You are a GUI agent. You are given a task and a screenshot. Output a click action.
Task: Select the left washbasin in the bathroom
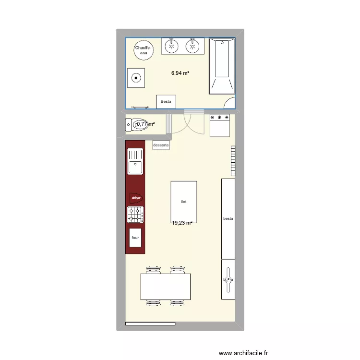click(171, 46)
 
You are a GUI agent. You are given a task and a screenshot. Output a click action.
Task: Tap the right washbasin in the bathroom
click(193, 46)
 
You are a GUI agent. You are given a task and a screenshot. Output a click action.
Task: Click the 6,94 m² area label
click(180, 73)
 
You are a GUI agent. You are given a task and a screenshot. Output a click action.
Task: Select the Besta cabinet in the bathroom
click(166, 101)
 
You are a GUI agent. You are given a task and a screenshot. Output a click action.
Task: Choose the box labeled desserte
click(161, 144)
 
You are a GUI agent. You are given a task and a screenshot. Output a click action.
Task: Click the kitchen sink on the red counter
click(135, 161)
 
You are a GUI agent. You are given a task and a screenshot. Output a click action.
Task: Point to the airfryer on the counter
click(135, 197)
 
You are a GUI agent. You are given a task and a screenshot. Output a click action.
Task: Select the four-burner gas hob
click(135, 215)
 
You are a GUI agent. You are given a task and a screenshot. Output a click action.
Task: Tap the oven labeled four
click(135, 238)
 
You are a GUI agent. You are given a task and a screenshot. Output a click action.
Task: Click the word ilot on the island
click(183, 202)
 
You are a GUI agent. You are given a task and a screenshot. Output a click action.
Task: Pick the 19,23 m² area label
click(182, 223)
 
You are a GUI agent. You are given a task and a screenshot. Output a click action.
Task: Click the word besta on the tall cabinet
click(228, 219)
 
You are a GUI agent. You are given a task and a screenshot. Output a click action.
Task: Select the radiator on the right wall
click(233, 160)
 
